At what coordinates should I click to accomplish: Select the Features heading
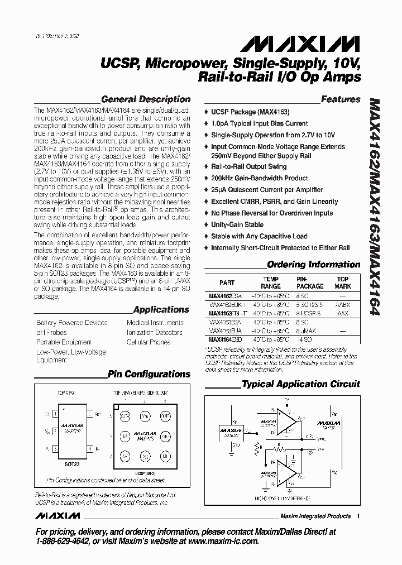(341, 99)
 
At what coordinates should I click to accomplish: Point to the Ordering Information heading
(314, 265)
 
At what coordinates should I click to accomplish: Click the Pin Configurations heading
(149, 374)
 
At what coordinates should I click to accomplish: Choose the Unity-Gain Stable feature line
(237, 224)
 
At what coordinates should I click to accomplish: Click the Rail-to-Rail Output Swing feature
(248, 166)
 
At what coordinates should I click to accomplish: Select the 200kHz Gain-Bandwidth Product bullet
(259, 178)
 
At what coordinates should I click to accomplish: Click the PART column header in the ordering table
(227, 282)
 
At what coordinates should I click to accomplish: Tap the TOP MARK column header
(343, 282)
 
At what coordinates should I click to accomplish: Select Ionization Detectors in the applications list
(154, 332)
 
